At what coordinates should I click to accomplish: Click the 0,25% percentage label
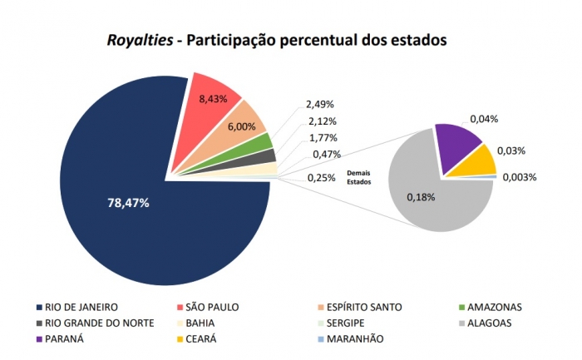pos(321,177)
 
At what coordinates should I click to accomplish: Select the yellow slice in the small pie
pos(475,160)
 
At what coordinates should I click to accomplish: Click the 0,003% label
pos(520,177)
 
